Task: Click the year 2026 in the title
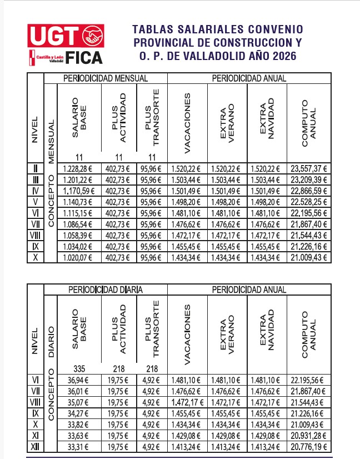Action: click(x=282, y=56)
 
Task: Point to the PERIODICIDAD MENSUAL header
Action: click(x=105, y=78)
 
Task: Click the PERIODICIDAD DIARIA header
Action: click(x=105, y=290)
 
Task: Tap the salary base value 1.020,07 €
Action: click(x=79, y=258)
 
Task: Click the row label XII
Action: click(x=35, y=447)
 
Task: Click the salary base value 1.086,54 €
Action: click(x=79, y=224)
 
